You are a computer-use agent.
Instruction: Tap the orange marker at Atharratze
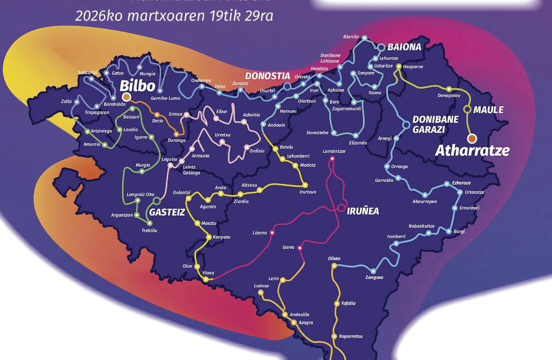click(471, 138)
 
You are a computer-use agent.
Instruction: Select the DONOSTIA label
click(267, 76)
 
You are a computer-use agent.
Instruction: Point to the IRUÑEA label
click(363, 211)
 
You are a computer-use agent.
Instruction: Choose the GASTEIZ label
click(167, 212)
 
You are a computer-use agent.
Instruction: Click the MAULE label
click(488, 109)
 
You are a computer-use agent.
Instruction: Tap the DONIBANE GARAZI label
click(428, 124)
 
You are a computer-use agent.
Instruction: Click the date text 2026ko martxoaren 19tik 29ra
click(174, 15)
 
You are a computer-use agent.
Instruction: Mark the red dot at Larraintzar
click(331, 158)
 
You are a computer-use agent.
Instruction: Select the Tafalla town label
click(348, 303)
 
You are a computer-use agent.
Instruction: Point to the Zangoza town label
click(374, 277)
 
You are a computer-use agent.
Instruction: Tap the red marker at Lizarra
click(272, 232)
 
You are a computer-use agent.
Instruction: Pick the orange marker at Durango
click(176, 134)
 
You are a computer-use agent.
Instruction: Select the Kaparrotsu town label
click(350, 336)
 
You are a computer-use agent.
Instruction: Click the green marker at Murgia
click(142, 171)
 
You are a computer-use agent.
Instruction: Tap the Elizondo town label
click(357, 142)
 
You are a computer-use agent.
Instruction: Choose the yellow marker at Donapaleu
click(448, 88)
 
